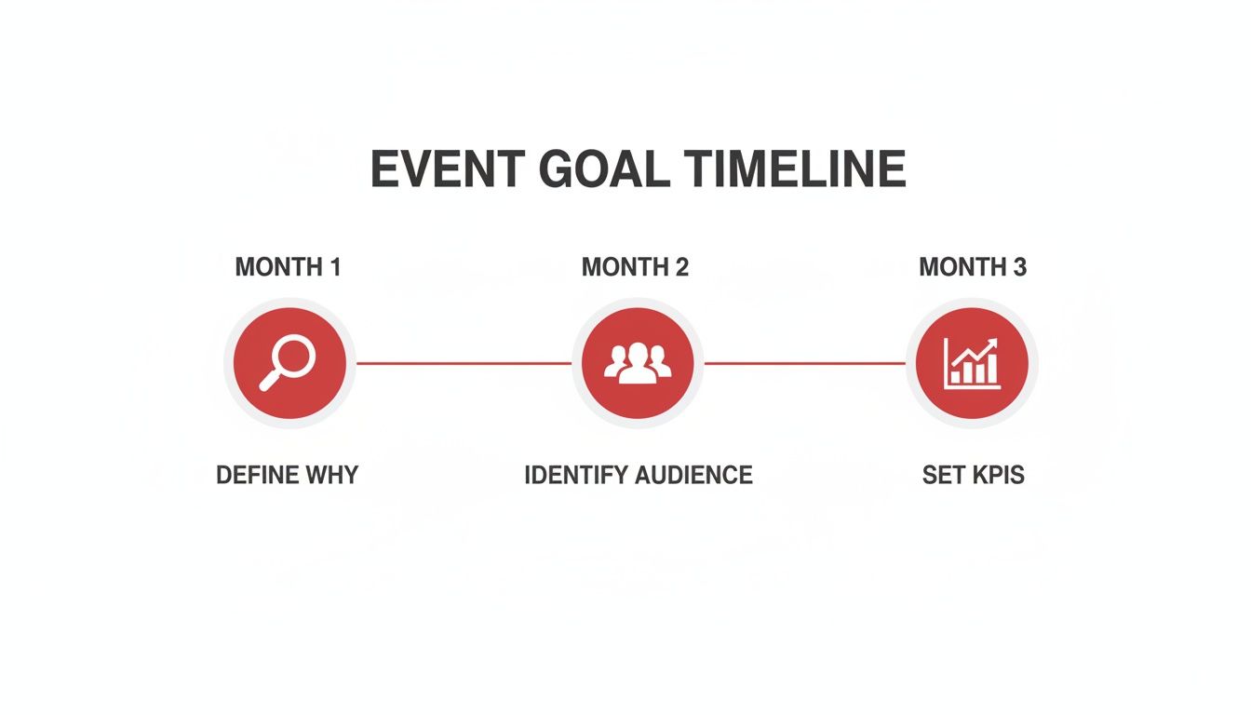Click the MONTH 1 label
pos(288,267)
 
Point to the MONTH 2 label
pos(635,267)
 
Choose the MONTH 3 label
pos(973,267)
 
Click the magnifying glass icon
pos(289,363)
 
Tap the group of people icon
pos(638,363)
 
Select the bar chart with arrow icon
pos(972,363)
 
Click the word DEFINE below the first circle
pos(258,475)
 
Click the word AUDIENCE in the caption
pos(694,475)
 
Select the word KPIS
pos(998,475)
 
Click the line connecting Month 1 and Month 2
pos(464,363)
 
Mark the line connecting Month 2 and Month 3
pos(805,363)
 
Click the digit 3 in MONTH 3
pos(1018,267)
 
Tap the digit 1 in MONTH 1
pos(335,267)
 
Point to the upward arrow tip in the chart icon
pos(993,343)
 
